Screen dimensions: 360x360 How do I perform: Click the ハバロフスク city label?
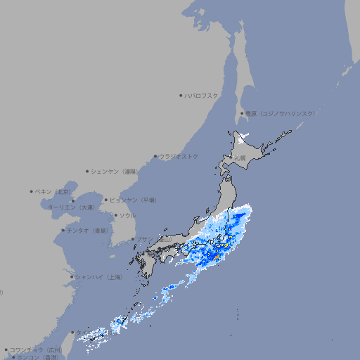pyautogui.click(x=202, y=95)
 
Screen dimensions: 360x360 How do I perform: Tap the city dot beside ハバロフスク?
pyautogui.click(x=181, y=95)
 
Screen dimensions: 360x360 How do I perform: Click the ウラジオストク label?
pyautogui.click(x=179, y=156)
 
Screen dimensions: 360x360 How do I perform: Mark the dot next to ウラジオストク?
pyautogui.click(x=155, y=156)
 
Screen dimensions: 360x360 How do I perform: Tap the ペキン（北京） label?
pyautogui.click(x=54, y=191)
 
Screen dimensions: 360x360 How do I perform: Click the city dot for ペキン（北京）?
pyautogui.click(x=32, y=191)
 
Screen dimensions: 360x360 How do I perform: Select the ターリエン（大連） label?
pyautogui.click(x=71, y=207)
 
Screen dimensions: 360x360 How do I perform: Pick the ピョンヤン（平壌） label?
pyautogui.click(x=134, y=200)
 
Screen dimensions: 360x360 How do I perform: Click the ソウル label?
pyautogui.click(x=127, y=215)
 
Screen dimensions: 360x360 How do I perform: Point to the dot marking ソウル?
pyautogui.click(x=115, y=215)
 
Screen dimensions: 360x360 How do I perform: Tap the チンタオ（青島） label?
pyautogui.click(x=87, y=230)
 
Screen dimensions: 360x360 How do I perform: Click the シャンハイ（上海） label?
pyautogui.click(x=98, y=277)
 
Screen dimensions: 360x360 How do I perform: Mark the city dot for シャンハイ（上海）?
pyautogui.click(x=72, y=277)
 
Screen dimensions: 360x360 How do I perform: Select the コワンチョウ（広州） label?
pyautogui.click(x=36, y=349)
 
